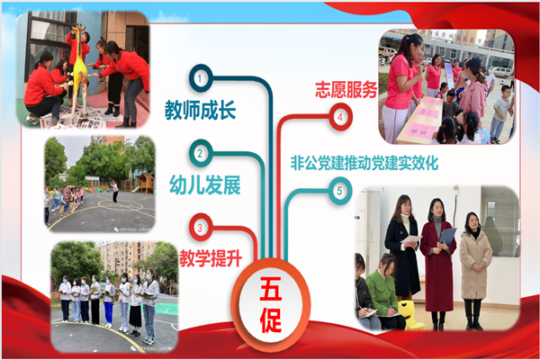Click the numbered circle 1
pos(201,78)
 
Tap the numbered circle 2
pos(201,153)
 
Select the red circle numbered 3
pos(200,228)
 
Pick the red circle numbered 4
pos(340,117)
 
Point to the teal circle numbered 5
pos(340,191)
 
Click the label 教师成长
pos(200,110)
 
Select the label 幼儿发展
pos(205,185)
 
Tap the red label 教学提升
pos(211,258)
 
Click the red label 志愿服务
pos(346,90)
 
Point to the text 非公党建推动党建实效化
pos(364,163)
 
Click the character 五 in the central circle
pos(271,289)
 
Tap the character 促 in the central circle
pos(271,320)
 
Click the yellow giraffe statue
pos(80,70)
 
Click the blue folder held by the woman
pos(447,237)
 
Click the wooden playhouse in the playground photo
pos(145,183)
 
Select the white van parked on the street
pos(501,72)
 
